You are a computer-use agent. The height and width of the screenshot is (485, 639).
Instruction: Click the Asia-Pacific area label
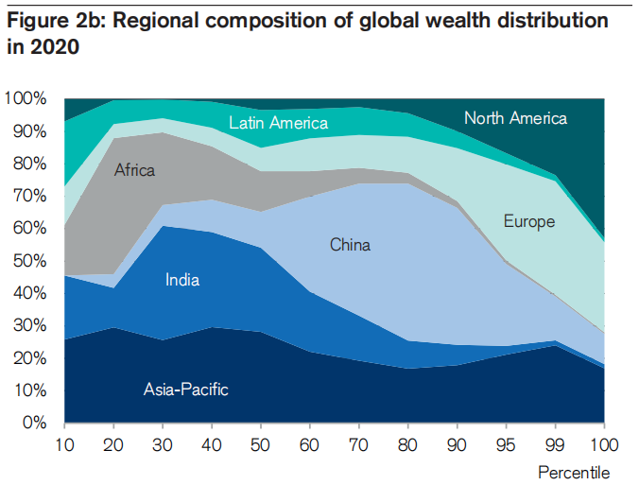pyautogui.click(x=186, y=389)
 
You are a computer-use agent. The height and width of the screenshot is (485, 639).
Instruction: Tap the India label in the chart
pyautogui.click(x=182, y=279)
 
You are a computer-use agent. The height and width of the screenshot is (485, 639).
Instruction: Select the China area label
pyautogui.click(x=350, y=245)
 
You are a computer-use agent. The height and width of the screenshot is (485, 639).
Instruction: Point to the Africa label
pyautogui.click(x=134, y=170)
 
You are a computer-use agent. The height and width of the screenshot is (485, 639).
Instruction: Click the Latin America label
pyautogui.click(x=279, y=123)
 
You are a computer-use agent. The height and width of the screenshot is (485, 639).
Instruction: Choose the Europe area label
pyautogui.click(x=529, y=222)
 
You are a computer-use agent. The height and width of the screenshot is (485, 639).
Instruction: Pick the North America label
pyautogui.click(x=515, y=118)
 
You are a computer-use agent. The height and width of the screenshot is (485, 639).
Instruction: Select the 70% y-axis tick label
pyautogui.click(x=29, y=197)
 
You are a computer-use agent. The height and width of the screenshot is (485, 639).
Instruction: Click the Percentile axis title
pyautogui.click(x=574, y=472)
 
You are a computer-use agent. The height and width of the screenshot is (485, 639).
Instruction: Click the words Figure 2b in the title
pyautogui.click(x=59, y=21)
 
